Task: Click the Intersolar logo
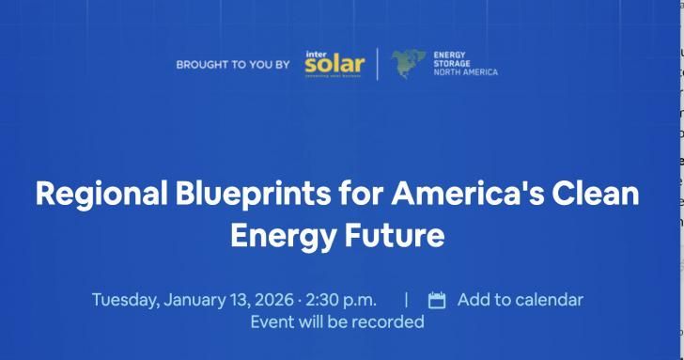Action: (x=334, y=66)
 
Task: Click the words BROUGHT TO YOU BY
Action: (x=233, y=66)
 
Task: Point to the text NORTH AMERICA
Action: (x=465, y=72)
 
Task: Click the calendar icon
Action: (x=437, y=301)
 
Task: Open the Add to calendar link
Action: (x=520, y=300)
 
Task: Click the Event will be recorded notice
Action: (x=337, y=321)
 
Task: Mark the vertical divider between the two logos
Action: (x=378, y=65)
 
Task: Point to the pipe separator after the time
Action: (x=406, y=300)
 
